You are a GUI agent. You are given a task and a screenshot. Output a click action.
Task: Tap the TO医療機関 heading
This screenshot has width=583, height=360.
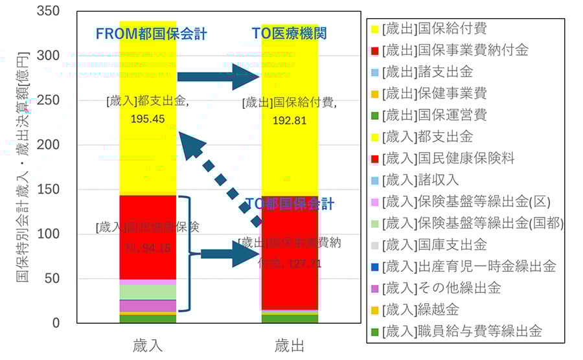290,34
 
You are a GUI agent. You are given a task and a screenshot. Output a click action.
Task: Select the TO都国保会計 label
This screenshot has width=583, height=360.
290,205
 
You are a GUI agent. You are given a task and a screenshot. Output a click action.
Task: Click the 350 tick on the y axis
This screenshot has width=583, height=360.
49,12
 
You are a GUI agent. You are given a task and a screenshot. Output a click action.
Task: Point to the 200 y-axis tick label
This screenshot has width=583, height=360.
49,145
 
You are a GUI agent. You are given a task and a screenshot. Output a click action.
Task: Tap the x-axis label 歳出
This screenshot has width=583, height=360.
290,344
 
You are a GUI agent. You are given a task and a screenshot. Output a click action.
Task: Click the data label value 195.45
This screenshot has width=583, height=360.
148,120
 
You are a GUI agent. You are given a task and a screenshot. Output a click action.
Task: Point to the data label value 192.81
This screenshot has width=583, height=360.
290,120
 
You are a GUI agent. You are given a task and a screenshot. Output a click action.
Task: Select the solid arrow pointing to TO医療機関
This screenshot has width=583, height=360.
218,77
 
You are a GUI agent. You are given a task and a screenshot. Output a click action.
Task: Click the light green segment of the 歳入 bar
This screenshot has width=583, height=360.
148,292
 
